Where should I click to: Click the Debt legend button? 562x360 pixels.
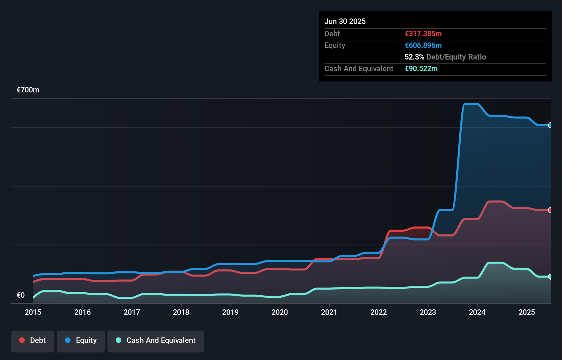[33, 340]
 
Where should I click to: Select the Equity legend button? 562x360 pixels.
[81, 340]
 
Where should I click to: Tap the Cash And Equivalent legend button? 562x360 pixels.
[156, 340]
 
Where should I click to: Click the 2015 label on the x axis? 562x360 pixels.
[33, 312]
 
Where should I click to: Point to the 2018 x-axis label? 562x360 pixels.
[181, 312]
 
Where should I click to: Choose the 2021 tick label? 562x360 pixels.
[329, 312]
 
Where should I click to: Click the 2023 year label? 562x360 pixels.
[428, 312]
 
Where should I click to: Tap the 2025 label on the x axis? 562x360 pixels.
[527, 312]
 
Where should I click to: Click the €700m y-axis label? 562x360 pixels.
[28, 90]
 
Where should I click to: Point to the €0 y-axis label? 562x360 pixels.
[21, 295]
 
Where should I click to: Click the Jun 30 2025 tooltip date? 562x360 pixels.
[345, 21]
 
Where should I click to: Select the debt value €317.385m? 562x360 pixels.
[423, 34]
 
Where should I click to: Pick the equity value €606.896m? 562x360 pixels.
[423, 45]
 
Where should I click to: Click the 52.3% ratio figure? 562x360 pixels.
[414, 57]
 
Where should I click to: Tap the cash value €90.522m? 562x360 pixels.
[421, 68]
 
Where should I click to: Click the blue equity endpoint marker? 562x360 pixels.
[550, 125]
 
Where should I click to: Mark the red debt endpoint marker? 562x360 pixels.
[550, 210]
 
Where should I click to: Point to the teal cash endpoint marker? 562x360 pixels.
[550, 277]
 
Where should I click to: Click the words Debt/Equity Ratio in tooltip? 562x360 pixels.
[456, 57]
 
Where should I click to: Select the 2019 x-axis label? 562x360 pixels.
[230, 312]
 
